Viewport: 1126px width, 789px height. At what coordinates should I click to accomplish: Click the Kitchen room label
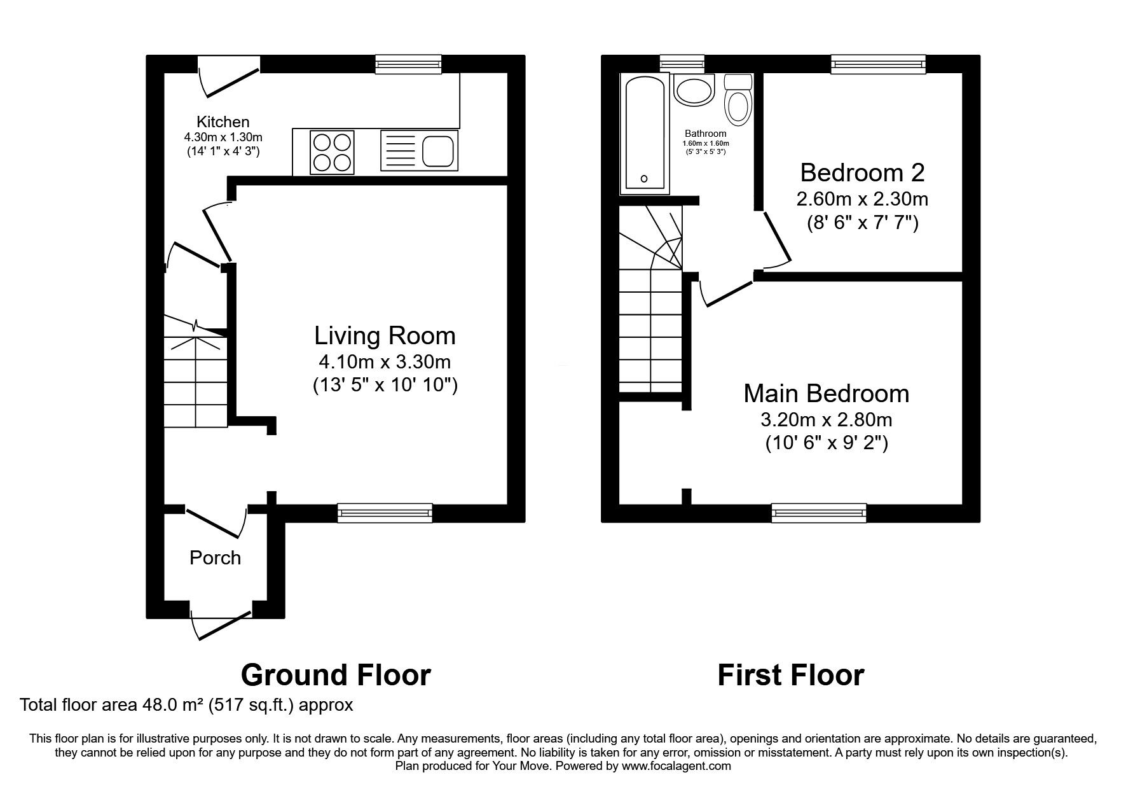tap(223, 122)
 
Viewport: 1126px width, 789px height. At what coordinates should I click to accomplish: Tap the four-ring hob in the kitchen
tap(332, 151)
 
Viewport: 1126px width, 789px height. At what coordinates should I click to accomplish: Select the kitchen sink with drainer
tap(419, 151)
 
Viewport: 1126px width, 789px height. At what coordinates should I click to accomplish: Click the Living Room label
tap(385, 335)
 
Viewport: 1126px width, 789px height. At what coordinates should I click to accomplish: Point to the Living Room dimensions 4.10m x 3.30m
tap(385, 362)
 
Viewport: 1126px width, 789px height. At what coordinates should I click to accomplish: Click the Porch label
tap(215, 557)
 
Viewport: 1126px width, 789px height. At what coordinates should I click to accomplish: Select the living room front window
tap(385, 513)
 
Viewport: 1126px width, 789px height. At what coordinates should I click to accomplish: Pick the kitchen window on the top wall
tap(408, 64)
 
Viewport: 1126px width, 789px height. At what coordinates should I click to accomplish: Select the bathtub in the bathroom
tap(645, 132)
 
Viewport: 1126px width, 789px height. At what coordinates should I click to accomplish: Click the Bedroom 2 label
tap(862, 172)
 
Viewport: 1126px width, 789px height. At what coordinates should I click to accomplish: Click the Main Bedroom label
tap(826, 393)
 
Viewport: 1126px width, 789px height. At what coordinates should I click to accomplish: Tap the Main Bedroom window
tap(819, 513)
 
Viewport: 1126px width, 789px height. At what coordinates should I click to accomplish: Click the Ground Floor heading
tap(336, 674)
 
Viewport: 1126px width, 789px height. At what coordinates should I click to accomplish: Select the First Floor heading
tap(791, 674)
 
